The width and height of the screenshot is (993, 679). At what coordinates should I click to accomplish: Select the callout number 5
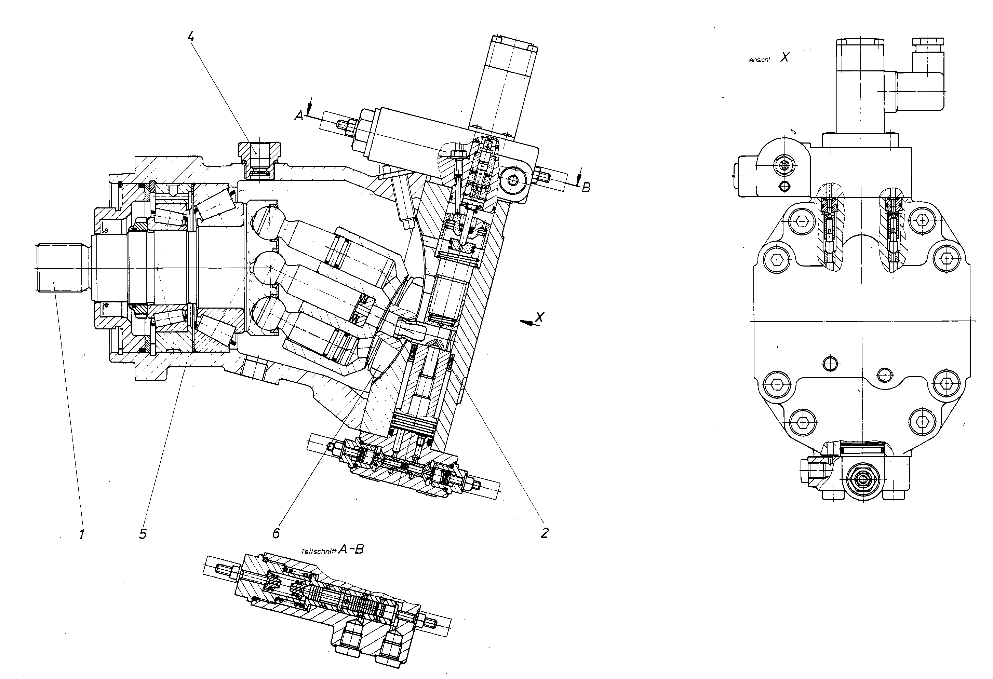pyautogui.click(x=143, y=534)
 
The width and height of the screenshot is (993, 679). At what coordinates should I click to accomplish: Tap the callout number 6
pyautogui.click(x=276, y=533)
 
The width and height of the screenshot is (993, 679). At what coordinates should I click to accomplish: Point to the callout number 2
pyautogui.click(x=544, y=532)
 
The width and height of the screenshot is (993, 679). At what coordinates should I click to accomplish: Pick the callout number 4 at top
pyautogui.click(x=191, y=37)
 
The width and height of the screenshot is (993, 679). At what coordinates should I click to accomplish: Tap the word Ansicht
pyautogui.click(x=759, y=60)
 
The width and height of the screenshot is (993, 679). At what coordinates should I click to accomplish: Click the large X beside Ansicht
pyautogui.click(x=784, y=57)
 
